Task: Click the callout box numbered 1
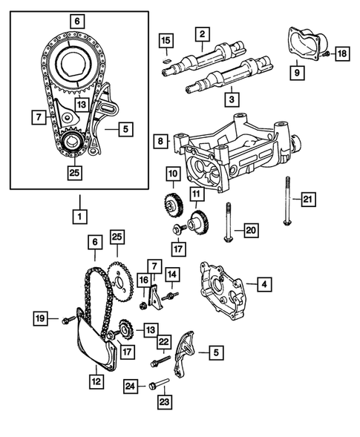pyautogui.click(x=77, y=217)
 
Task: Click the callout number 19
pyautogui.click(x=42, y=319)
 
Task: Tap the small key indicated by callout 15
pyautogui.click(x=168, y=53)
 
